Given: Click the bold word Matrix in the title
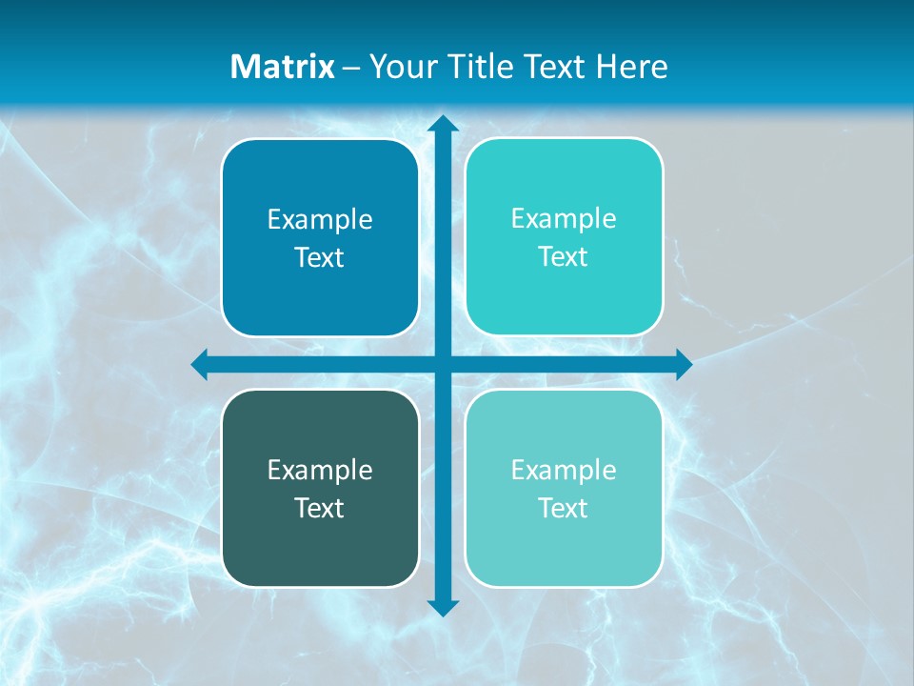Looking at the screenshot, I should pos(283,67).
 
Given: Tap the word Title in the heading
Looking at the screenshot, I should pos(478,67).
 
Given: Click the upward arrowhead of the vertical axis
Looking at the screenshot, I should pos(443,124).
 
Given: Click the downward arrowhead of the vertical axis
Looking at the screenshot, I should pos(443,607).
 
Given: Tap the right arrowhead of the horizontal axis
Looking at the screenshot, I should pos(683,364).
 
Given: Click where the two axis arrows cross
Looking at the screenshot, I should pos(443,364).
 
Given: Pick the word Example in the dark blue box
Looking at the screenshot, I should pos(320,220).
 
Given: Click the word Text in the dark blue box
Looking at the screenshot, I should pos(319,258).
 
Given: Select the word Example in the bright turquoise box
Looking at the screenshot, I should pos(564,219).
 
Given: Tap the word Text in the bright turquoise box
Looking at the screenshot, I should pos(563,257).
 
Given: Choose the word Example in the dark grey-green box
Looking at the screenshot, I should pos(320,470).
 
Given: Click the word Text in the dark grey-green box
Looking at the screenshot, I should pos(319,508).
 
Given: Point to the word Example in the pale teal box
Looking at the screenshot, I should pos(564,470).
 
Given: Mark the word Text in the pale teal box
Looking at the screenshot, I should pos(563,508).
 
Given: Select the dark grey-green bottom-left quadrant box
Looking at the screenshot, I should pos(320,553).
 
